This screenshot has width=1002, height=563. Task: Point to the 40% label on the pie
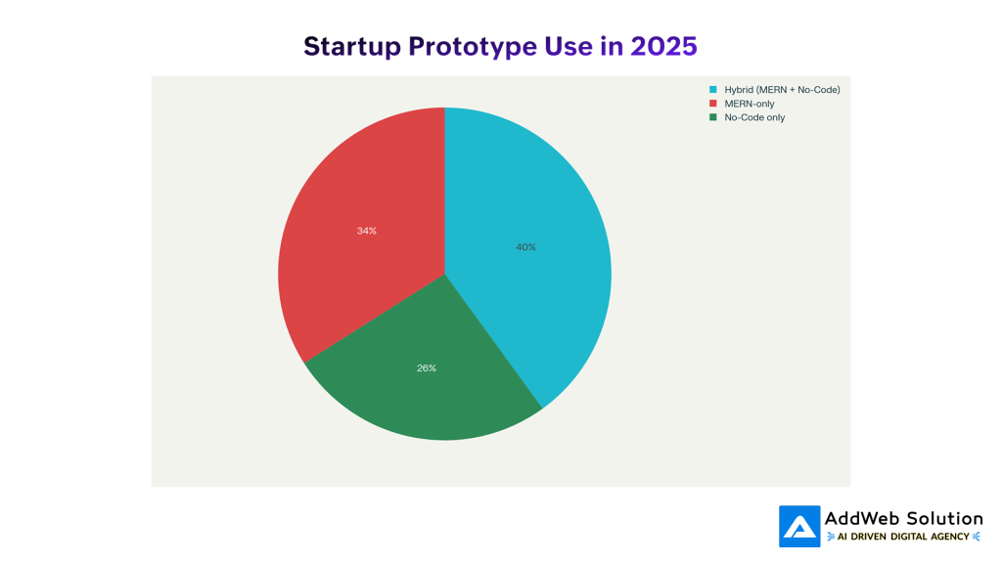pos(525,247)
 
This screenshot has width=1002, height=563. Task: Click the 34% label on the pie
pos(366,231)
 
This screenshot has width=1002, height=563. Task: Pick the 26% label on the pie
pos(426,368)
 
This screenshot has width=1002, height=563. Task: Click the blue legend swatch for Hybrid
pos(714,90)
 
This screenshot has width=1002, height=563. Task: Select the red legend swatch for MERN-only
pos(714,104)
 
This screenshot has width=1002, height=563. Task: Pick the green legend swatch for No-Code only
pos(714,117)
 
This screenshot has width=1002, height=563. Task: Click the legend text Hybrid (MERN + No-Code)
pos(782,90)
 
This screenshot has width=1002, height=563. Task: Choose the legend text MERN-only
pos(750,104)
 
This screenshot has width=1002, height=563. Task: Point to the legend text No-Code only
pos(754,117)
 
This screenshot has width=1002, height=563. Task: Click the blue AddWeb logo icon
pos(799,526)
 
